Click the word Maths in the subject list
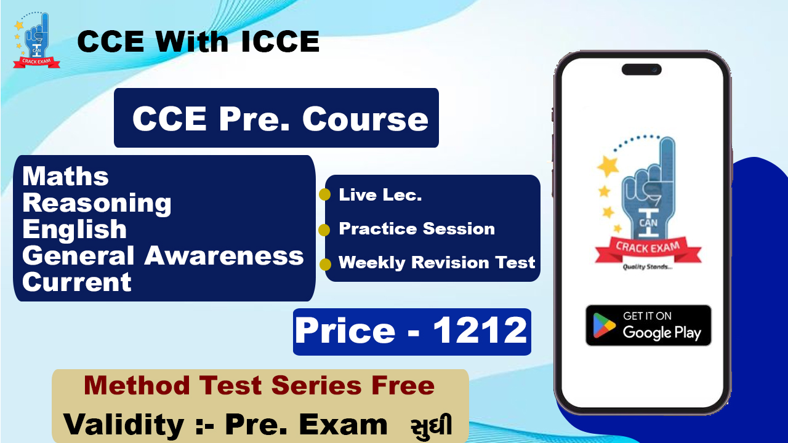click(x=65, y=177)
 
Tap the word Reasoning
click(x=97, y=204)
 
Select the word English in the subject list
click(x=74, y=230)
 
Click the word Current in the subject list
click(x=77, y=282)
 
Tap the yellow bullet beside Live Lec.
click(x=324, y=195)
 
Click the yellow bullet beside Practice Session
click(x=324, y=230)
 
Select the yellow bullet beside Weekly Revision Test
click(x=324, y=265)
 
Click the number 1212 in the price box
click(x=480, y=331)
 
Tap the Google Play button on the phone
click(x=648, y=325)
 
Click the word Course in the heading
click(x=365, y=119)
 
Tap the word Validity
click(x=123, y=425)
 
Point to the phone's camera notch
click(x=641, y=70)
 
